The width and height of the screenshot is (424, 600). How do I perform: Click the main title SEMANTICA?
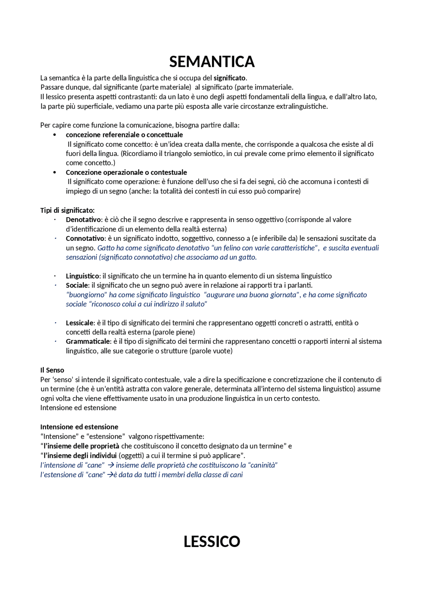(212, 62)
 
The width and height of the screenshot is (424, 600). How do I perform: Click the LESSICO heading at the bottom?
(212, 541)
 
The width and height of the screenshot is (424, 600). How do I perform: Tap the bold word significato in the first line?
(229, 78)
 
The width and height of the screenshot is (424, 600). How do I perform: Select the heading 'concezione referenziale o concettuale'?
(124, 135)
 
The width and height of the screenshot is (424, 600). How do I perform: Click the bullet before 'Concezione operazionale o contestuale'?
(55, 172)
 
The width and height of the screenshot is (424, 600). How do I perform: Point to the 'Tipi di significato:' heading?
(67, 210)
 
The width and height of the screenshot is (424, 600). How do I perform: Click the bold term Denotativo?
(83, 220)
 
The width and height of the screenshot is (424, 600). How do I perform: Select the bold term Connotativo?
(85, 239)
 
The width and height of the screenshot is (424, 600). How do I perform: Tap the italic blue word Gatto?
(106, 248)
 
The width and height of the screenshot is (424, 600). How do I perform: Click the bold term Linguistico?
(82, 276)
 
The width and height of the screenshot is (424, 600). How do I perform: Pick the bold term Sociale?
(77, 285)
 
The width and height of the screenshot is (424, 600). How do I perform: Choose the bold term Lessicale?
(79, 323)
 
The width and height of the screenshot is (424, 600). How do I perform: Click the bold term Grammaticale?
(87, 342)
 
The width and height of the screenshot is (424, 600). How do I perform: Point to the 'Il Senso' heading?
(52, 370)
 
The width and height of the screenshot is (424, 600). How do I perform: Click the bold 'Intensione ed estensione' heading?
(79, 427)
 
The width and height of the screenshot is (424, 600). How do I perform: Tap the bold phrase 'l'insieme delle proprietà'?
(81, 446)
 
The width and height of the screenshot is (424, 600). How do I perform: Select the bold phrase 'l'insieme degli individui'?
(80, 456)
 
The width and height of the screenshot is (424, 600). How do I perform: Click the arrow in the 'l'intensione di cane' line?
(111, 465)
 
